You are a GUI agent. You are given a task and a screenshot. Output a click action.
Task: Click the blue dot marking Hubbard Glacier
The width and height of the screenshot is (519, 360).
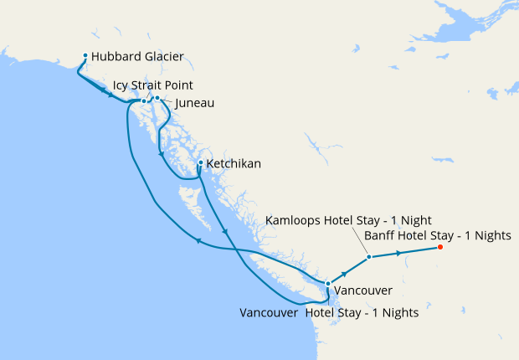[x=85, y=57]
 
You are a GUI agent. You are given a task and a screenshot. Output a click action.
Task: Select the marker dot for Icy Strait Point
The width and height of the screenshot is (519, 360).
[x=144, y=101]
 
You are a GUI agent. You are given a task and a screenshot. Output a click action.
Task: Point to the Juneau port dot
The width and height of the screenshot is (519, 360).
[x=157, y=98]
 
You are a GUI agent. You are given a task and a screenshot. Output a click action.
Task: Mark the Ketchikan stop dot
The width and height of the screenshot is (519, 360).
[x=201, y=163]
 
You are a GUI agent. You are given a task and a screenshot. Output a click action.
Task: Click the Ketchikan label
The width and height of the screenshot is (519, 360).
[x=234, y=164]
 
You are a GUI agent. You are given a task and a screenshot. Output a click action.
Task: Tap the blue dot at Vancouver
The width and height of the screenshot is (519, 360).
[x=327, y=284]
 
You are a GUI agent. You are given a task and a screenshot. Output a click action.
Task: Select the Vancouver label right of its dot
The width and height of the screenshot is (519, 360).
[x=362, y=290]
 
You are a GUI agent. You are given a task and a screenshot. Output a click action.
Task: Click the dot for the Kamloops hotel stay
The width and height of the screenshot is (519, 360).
[x=368, y=257]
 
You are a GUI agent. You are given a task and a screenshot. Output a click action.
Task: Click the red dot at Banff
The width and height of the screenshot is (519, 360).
[x=440, y=247]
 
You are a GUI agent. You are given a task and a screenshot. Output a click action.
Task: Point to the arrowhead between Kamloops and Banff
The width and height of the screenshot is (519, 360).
[x=409, y=251]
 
